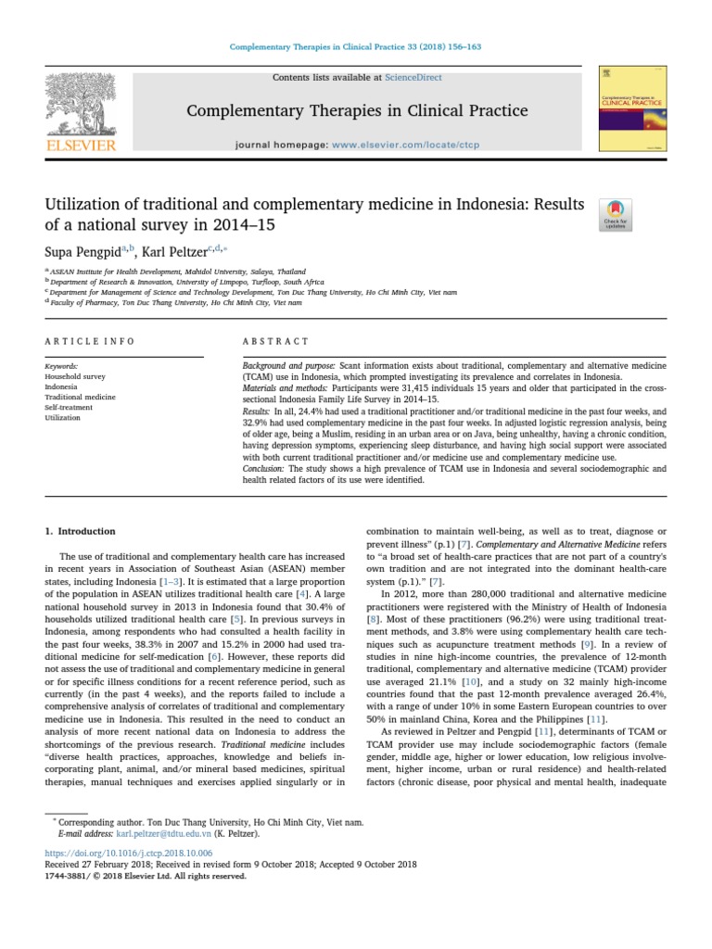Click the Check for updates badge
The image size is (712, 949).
pos(617,215)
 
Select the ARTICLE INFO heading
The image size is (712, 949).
pos(90,341)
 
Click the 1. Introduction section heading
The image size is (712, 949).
pos(81,531)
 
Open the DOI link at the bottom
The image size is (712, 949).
pos(128,852)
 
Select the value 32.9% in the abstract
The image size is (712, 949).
pos(255,421)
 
